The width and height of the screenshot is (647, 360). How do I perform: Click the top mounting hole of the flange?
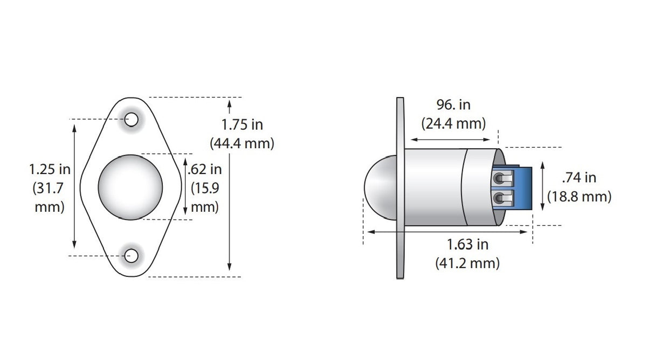point(131,120)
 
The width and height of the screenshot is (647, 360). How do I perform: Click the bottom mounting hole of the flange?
point(131,256)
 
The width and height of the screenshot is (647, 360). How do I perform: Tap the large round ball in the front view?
point(130,188)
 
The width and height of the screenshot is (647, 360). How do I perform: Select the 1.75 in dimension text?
point(242,124)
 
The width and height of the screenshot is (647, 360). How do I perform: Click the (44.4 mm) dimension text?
point(242,143)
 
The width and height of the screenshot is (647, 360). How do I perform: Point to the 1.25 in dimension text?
point(50,169)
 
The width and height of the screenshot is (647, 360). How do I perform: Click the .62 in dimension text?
point(204,169)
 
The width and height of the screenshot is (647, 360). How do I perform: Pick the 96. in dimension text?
point(453,105)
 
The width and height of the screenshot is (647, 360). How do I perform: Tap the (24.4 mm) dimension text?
point(453,123)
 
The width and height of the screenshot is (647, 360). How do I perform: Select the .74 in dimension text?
point(579,177)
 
